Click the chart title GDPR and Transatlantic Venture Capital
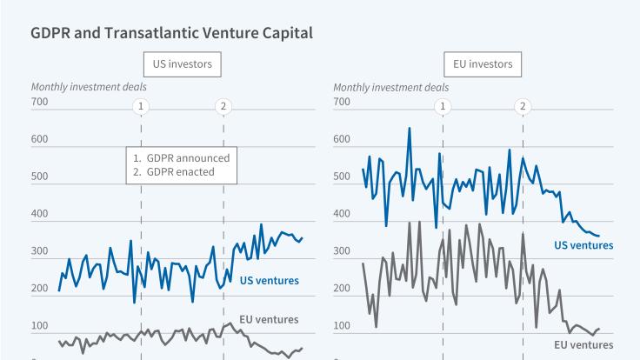pos(171,33)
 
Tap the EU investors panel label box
pos(483,64)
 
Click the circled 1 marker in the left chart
pos(141,106)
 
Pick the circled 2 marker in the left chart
pos(223,106)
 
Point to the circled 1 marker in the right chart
pos(443,106)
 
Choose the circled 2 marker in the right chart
pos(523,106)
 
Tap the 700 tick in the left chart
pos(40,102)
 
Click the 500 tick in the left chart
pos(40,177)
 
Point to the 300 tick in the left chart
pos(40,251)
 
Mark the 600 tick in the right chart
pos(342,139)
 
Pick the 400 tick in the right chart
pos(342,214)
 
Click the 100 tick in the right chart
pos(342,326)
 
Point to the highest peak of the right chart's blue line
pos(410,129)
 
